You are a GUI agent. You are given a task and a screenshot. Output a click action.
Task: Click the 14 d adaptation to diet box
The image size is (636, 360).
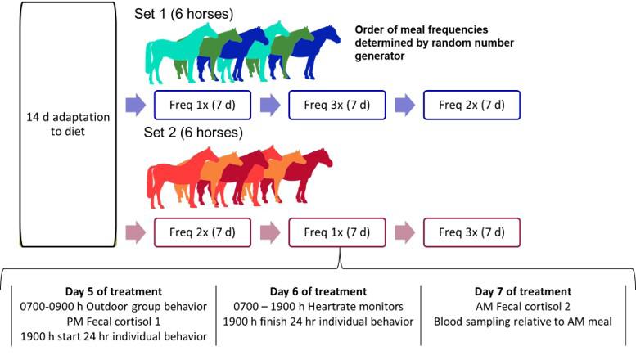click(61, 123)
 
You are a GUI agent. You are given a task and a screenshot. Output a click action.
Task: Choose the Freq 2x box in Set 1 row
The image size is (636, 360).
click(472, 106)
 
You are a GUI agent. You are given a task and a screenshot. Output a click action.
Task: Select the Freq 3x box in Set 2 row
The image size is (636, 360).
click(472, 233)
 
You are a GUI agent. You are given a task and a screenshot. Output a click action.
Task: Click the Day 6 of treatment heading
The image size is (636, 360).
click(318, 291)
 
